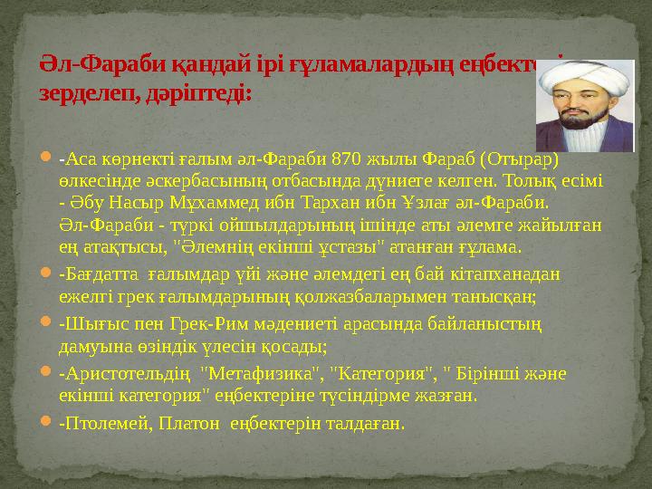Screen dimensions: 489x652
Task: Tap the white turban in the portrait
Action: [x=579, y=76]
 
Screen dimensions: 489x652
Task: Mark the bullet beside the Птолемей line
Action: [x=45, y=424]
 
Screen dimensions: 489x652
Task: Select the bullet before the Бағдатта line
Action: [x=45, y=274]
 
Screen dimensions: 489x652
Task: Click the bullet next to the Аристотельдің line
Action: [x=45, y=375]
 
